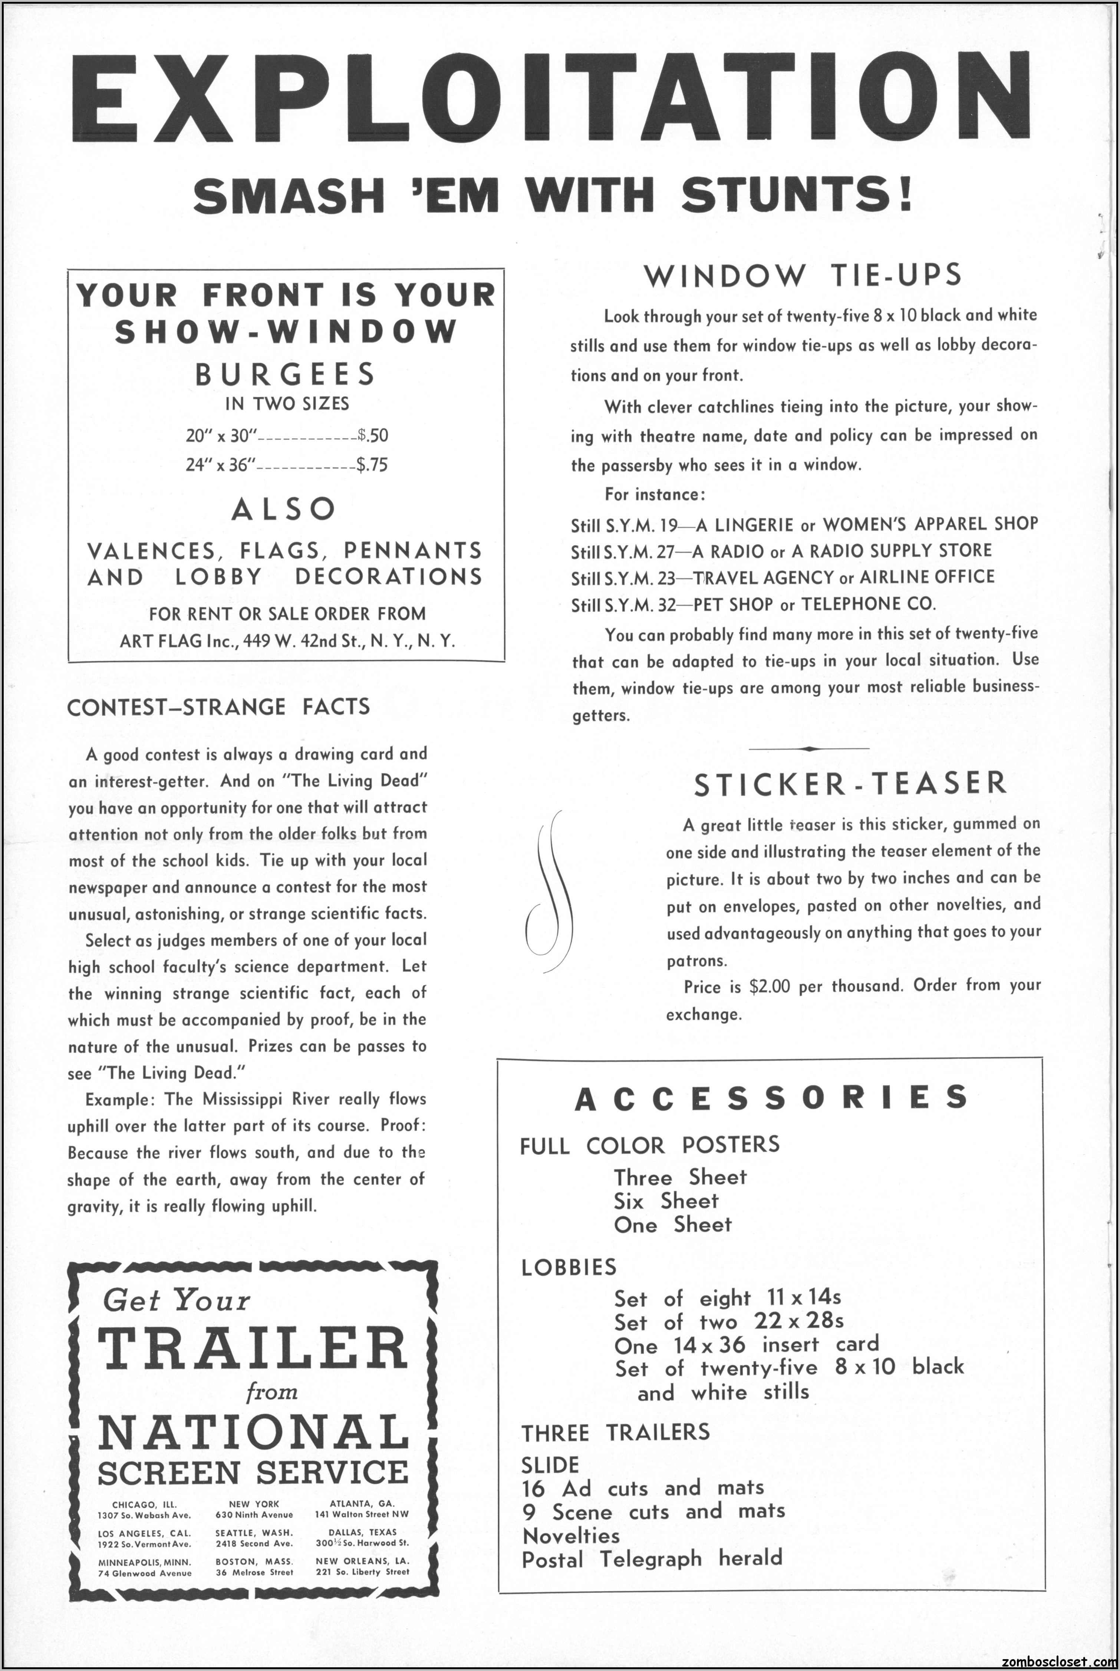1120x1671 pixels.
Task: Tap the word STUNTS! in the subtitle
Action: [x=797, y=194]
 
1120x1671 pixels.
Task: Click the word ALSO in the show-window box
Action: [x=284, y=509]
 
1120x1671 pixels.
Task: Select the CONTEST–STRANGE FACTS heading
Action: [x=218, y=707]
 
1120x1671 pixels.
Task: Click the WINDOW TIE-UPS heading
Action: [x=803, y=276]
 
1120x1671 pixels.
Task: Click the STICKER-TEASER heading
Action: [x=850, y=783]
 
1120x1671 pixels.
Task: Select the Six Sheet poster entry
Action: [x=666, y=1201]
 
